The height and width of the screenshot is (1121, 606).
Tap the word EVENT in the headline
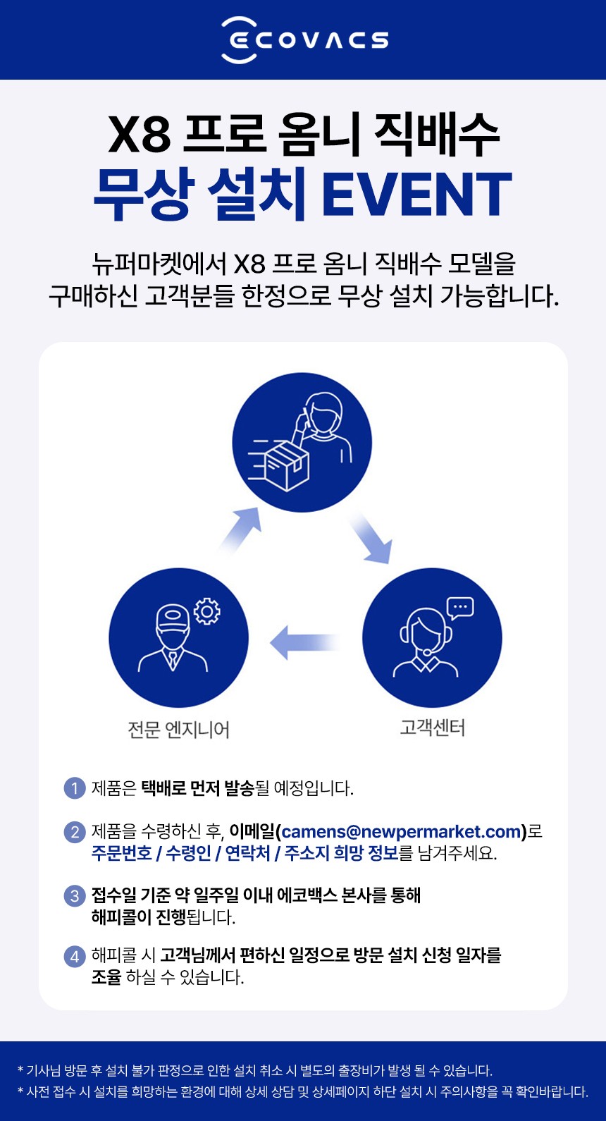[416, 195]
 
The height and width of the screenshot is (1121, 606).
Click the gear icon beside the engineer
[206, 611]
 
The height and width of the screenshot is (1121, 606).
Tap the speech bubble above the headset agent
[460, 608]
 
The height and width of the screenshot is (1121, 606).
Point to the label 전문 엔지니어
[178, 729]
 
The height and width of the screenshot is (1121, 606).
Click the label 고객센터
[432, 728]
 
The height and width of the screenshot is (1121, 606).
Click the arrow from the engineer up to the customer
[240, 529]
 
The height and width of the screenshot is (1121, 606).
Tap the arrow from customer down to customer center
[370, 538]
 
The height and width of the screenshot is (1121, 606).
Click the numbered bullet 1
[74, 788]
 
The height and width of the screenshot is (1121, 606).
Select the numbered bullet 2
[74, 832]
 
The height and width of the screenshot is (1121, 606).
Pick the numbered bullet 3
[74, 896]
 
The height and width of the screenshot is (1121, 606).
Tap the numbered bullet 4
[74, 957]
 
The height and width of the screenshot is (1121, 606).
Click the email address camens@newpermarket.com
[401, 832]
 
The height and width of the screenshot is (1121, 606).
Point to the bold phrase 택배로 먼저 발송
[197, 788]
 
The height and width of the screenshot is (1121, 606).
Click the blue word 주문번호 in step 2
[121, 853]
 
